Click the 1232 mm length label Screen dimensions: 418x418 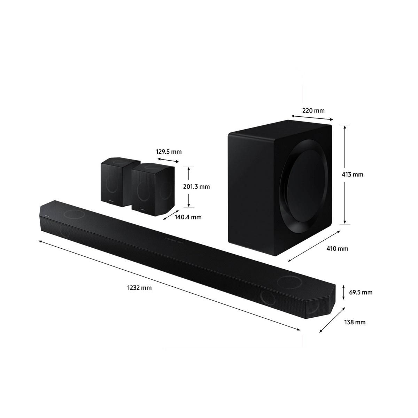click(x=139, y=288)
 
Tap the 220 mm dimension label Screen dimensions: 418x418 click(x=313, y=111)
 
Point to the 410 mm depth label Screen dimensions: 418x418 click(x=338, y=249)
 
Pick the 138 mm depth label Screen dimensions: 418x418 click(x=355, y=322)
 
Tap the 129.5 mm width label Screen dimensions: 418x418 click(x=169, y=152)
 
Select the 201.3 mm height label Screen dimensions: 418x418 click(x=196, y=186)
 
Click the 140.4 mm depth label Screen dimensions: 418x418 click(x=188, y=217)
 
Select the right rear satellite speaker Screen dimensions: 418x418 click(x=152, y=186)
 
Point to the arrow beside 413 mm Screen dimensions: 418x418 click(x=345, y=174)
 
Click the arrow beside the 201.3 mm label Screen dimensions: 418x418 click(x=188, y=186)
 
